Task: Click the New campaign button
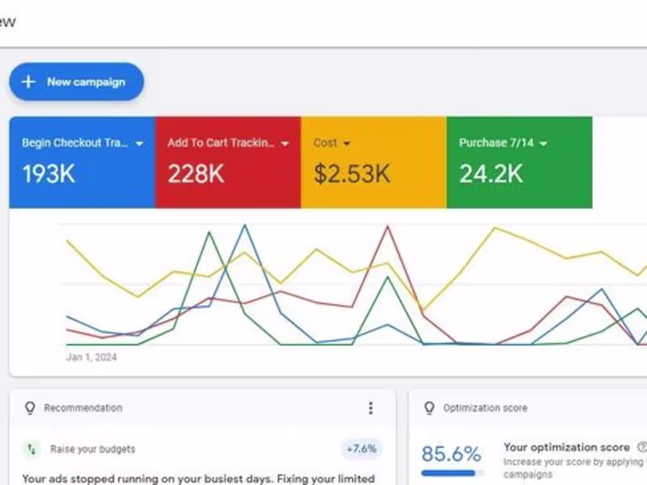(77, 82)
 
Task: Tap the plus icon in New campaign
(28, 82)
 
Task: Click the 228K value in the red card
(196, 174)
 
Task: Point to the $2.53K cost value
(352, 174)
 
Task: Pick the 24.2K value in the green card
(491, 174)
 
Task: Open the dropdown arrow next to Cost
(347, 144)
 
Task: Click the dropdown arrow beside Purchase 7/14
(543, 144)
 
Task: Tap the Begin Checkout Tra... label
(74, 143)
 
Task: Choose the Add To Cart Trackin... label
(221, 143)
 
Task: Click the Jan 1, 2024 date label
(91, 357)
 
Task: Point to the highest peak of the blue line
(244, 226)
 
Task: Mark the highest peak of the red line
(389, 226)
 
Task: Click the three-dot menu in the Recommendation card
(370, 408)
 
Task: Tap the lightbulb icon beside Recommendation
(30, 408)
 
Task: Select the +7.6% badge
(361, 449)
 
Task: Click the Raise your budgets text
(93, 449)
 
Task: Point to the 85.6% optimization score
(450, 453)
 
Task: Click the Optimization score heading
(485, 408)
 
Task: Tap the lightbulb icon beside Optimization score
(429, 408)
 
